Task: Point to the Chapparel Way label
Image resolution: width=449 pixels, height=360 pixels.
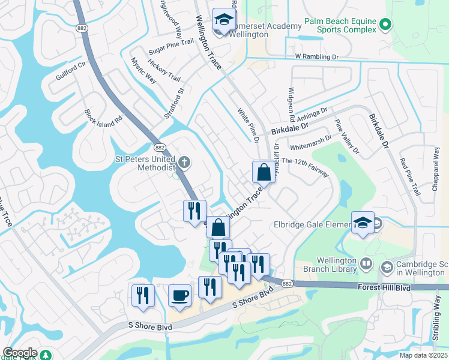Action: pos(436,168)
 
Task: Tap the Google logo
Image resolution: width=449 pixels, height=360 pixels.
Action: pos(20,353)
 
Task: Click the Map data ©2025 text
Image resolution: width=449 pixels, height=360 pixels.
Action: pos(423,355)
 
